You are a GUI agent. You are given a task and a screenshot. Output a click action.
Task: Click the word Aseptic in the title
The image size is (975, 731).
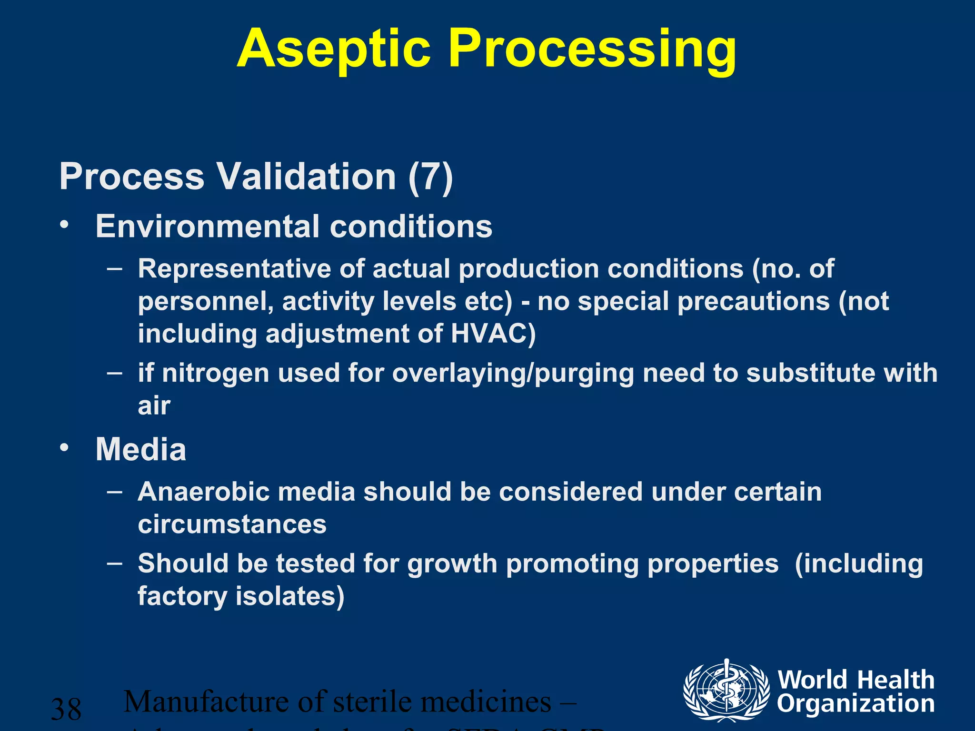click(x=333, y=49)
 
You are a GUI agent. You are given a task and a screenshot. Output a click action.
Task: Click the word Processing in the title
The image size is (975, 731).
click(x=592, y=49)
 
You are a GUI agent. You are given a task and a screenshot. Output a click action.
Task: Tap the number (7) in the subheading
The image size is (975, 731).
click(x=430, y=177)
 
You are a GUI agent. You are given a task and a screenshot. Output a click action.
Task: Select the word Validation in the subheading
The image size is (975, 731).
click(x=307, y=177)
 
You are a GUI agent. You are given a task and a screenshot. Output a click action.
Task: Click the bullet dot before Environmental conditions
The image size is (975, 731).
click(x=65, y=224)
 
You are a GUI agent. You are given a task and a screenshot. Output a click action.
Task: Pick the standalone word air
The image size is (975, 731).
click(x=154, y=405)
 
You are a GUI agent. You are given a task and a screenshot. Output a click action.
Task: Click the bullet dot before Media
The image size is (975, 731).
click(x=65, y=447)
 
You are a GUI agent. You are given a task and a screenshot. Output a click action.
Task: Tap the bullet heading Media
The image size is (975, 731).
click(x=141, y=449)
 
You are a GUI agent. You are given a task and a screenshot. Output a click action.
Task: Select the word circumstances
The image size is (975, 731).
click(x=232, y=524)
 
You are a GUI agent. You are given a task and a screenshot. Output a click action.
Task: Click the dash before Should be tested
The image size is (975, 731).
click(x=115, y=563)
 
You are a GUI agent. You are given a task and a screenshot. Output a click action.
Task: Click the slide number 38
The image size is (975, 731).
click(x=66, y=709)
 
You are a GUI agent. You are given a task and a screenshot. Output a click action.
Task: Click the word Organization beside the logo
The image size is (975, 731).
click(x=856, y=703)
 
